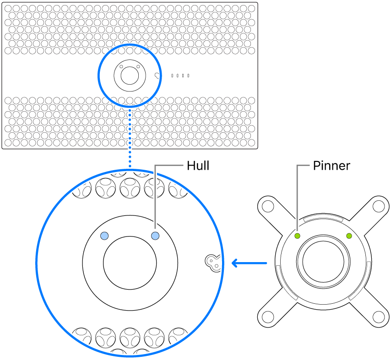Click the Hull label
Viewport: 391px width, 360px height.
click(x=198, y=166)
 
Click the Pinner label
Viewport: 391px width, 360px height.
click(x=331, y=166)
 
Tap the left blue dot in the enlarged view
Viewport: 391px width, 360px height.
click(x=105, y=236)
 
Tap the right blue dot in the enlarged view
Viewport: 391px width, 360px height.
click(x=155, y=236)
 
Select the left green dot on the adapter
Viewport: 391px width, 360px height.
click(x=297, y=236)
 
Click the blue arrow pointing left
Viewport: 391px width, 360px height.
click(x=249, y=263)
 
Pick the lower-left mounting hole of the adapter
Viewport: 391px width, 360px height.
click(x=267, y=317)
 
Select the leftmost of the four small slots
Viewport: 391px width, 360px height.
click(x=172, y=75)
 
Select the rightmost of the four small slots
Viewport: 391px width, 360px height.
click(x=188, y=75)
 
